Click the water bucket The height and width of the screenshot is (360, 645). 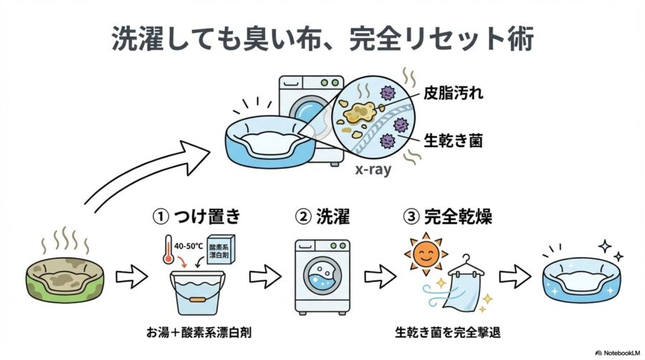[193, 293]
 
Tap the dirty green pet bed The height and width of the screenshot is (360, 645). [60, 284]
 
